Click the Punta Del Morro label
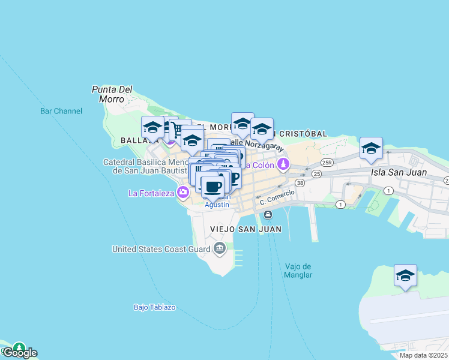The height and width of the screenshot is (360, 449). [112, 94]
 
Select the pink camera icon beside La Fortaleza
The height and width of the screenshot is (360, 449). [182, 193]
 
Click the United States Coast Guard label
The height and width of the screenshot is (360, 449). [160, 249]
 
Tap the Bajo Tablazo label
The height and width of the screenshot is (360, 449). [154, 307]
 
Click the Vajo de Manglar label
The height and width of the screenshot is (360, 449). [298, 271]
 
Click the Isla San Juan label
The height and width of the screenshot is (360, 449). [399, 172]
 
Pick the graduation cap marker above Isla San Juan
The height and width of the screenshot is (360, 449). [372, 149]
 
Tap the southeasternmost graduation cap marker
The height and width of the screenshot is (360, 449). [405, 275]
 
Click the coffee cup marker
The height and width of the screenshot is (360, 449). [212, 186]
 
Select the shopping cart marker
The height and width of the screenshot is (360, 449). [178, 130]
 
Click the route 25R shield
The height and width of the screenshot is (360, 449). [327, 163]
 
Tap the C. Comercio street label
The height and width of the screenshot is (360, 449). [277, 197]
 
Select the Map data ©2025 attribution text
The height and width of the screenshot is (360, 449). [423, 355]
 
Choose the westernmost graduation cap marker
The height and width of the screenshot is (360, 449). [152, 127]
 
